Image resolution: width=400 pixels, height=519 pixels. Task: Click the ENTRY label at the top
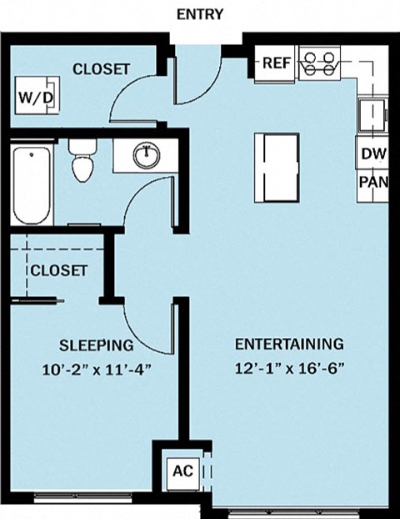click(200, 15)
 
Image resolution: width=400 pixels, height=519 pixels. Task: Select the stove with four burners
click(320, 63)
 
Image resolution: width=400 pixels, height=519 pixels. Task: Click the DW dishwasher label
click(373, 154)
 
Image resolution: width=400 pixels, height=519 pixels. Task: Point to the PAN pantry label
click(373, 182)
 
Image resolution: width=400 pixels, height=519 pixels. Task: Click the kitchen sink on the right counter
click(372, 115)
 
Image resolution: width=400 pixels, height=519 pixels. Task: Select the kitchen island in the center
click(277, 167)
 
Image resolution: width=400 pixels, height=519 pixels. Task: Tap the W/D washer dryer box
click(37, 95)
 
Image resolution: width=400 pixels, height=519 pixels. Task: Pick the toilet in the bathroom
click(82, 160)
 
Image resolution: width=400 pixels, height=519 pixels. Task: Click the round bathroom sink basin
click(147, 154)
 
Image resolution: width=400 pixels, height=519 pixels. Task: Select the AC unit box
click(182, 471)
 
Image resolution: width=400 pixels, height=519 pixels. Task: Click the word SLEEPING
click(97, 346)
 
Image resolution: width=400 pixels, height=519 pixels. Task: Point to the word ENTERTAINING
click(289, 345)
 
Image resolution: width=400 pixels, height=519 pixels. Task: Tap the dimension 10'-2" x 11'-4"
click(97, 370)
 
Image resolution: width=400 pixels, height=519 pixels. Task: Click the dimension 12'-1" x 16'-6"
click(290, 368)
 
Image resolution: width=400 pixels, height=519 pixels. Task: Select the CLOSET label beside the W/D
click(101, 69)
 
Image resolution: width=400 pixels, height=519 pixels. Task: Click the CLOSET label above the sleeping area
click(59, 270)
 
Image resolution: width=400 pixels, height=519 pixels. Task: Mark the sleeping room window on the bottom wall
click(83, 496)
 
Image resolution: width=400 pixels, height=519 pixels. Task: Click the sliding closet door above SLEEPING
click(37, 301)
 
